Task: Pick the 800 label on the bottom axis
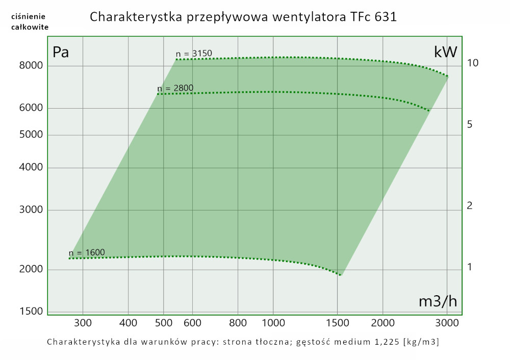coord(238,323)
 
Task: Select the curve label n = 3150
coord(194,54)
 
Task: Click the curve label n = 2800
coord(175,88)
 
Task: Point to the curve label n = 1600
coord(87,252)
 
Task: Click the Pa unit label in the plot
coord(61,52)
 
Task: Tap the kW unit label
coord(445,52)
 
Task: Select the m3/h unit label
coord(438,301)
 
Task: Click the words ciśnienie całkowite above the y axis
coord(30,21)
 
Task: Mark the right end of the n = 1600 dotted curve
coord(341,275)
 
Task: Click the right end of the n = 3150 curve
coord(448,76)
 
